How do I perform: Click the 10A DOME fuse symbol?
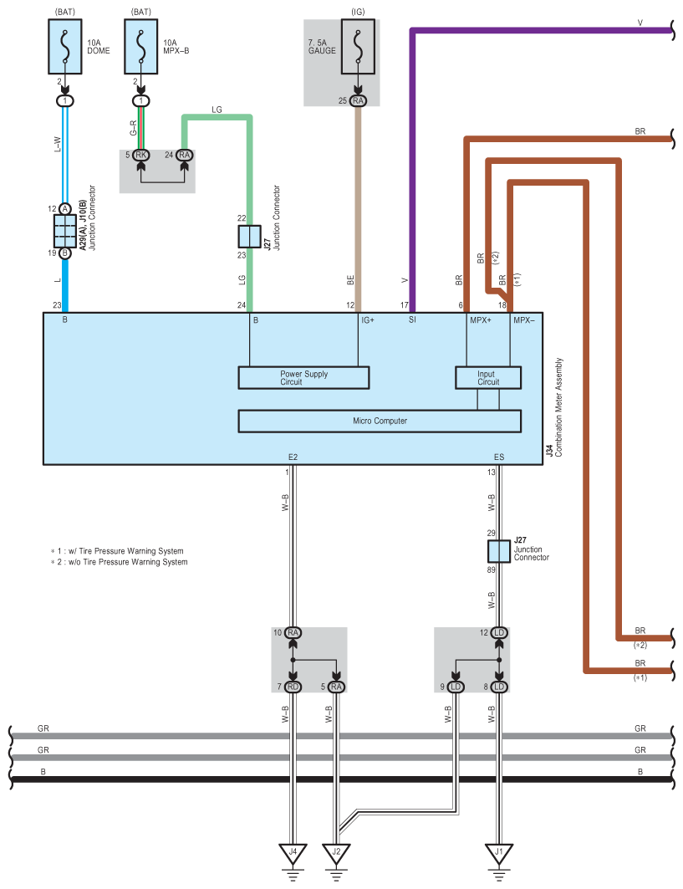tap(65, 47)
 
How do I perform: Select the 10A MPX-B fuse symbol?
tap(141, 47)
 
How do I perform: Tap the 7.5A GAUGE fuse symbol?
tap(359, 47)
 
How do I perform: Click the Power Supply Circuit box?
tap(303, 378)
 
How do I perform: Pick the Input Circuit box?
tap(488, 378)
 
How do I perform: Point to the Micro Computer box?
tap(380, 421)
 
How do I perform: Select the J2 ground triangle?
tap(336, 853)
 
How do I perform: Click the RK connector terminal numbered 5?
tap(141, 155)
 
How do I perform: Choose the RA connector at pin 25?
tap(359, 100)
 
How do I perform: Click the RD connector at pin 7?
tap(293, 687)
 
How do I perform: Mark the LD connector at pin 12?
tap(499, 632)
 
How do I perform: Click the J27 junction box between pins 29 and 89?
tap(499, 551)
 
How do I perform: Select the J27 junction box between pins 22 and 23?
tap(249, 237)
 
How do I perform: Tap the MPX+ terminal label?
tap(481, 320)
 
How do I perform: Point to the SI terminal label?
tap(412, 319)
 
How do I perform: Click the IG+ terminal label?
tap(368, 320)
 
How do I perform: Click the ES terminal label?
tap(499, 457)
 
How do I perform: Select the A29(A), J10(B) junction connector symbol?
tap(65, 231)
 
